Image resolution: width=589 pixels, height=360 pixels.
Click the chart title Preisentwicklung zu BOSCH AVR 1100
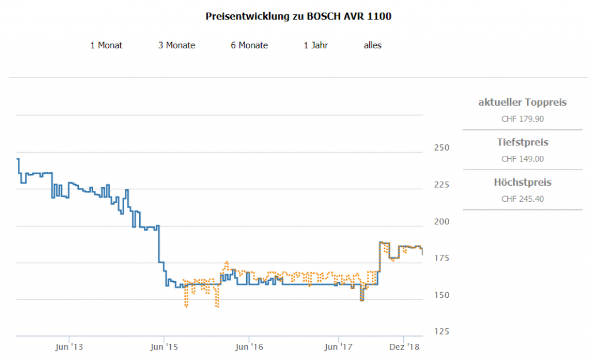pos(299,16)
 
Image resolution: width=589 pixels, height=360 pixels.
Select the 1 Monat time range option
pos(106,45)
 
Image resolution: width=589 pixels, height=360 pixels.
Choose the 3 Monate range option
pos(177,45)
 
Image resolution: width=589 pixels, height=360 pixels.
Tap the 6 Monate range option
pos(249,45)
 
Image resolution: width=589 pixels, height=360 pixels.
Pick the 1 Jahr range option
pos(316,45)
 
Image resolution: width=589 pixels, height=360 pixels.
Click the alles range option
pos(373,45)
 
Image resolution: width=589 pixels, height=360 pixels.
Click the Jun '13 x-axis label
pos(69,347)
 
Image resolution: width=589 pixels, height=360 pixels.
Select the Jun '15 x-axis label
pos(164,347)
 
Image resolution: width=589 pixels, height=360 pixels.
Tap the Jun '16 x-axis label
pos(249,347)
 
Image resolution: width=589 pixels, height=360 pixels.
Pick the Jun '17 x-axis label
pos(339,347)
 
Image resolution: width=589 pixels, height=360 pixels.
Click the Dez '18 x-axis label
pos(405,347)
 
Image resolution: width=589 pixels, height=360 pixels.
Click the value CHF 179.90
pos(522,120)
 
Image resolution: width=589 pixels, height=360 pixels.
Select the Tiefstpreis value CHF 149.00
pos(522,159)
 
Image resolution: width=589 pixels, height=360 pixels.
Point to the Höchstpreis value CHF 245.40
pos(522,200)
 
